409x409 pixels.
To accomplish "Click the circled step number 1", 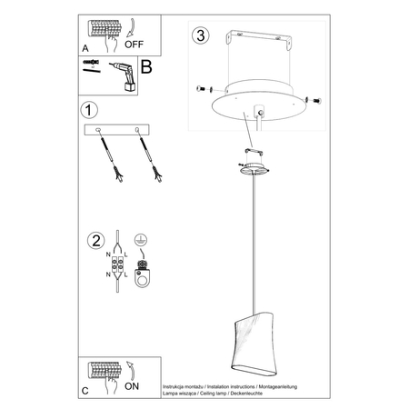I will tap(88, 111).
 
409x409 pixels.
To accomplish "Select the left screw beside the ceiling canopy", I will tap(203, 89).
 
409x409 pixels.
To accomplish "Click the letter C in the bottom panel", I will tap(85, 390).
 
